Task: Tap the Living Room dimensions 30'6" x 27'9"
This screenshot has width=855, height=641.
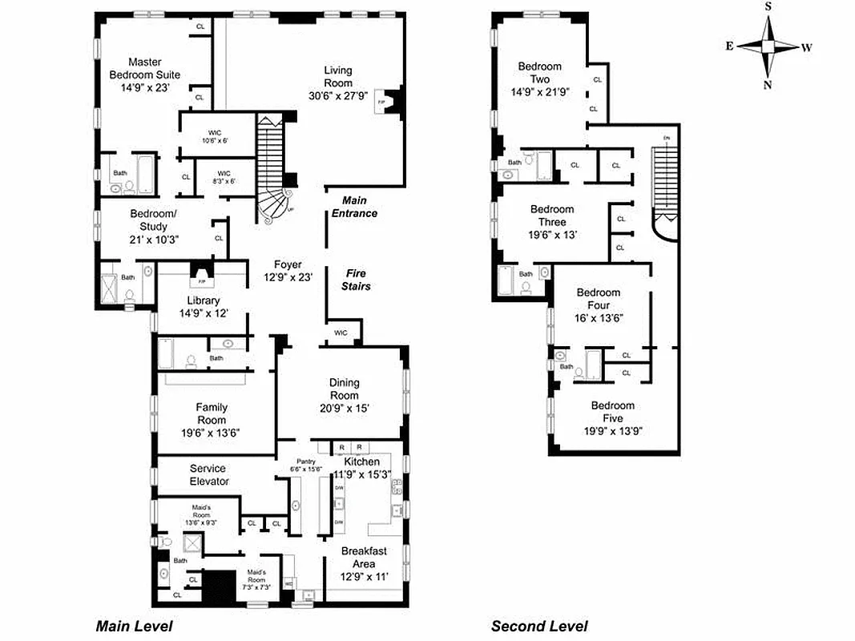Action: pyautogui.click(x=337, y=95)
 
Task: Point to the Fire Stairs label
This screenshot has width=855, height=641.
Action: pyautogui.click(x=356, y=279)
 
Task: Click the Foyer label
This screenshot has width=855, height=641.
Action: pyautogui.click(x=288, y=264)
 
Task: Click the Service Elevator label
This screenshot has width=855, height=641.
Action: pyautogui.click(x=208, y=474)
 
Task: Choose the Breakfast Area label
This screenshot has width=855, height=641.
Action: pyautogui.click(x=365, y=558)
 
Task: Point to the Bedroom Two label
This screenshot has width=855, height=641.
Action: pyautogui.click(x=539, y=73)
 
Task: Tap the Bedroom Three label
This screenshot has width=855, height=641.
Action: pyautogui.click(x=552, y=216)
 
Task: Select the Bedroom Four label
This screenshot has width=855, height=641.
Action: pyautogui.click(x=599, y=299)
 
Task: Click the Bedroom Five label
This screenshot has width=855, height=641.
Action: pyautogui.click(x=613, y=412)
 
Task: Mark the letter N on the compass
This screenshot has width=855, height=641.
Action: pyautogui.click(x=768, y=85)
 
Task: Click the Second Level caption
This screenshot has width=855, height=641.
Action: pyautogui.click(x=538, y=627)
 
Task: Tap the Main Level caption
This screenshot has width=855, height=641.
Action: pyautogui.click(x=134, y=627)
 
